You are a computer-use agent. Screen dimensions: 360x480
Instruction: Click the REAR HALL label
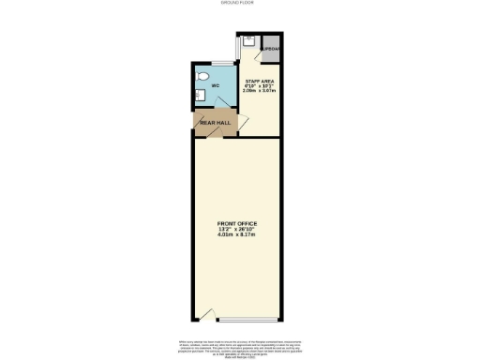pyautogui.click(x=215, y=123)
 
